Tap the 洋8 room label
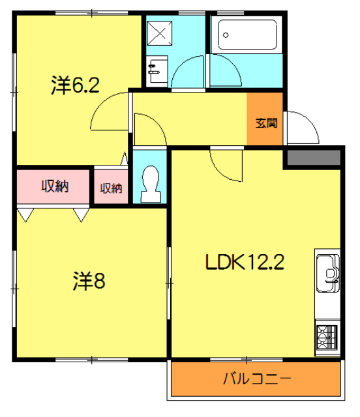[x=89, y=281]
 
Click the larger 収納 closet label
[x=55, y=186]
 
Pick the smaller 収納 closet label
[x=111, y=188]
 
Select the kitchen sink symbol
[x=327, y=271]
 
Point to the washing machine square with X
[x=157, y=31]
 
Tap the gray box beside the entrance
[x=312, y=158]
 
